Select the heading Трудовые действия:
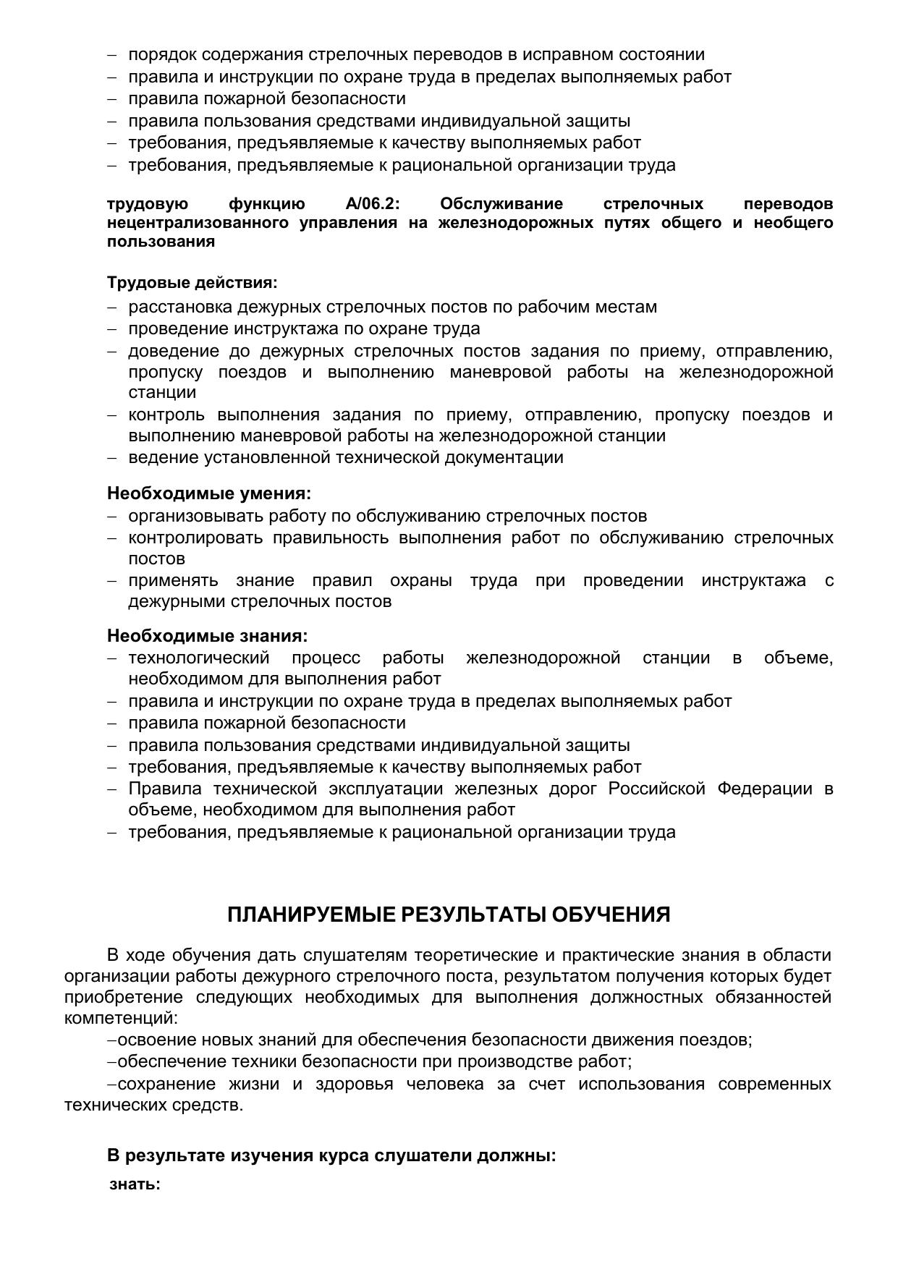pos(192,282)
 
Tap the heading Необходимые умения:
pos(209,493)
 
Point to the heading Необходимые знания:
pos(208,636)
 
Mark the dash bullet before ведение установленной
pos(112,458)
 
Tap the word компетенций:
pos(121,1018)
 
